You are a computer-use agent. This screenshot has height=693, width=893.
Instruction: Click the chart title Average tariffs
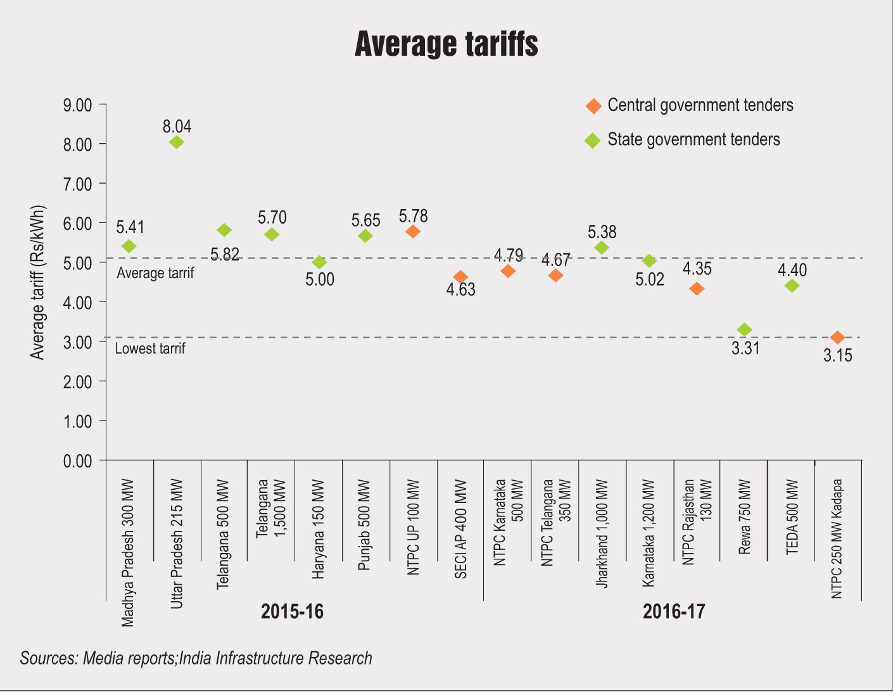point(446,44)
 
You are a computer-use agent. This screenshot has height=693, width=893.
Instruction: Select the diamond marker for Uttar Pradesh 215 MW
point(177,142)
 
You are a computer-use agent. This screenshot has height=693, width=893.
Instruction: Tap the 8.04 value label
point(177,127)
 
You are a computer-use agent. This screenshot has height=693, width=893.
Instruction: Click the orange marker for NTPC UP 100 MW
point(413,232)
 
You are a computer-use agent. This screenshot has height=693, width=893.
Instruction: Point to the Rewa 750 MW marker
point(744,329)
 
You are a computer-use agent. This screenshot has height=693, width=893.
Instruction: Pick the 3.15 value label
point(837,355)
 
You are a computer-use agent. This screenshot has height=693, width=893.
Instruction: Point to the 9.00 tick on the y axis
point(77,105)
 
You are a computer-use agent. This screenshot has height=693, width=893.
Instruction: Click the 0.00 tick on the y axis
point(77,461)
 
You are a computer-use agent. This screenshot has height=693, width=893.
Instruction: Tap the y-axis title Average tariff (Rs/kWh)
point(38,283)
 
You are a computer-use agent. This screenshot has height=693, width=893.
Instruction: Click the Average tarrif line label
point(155,273)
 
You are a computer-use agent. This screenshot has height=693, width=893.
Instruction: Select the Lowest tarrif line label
point(150,348)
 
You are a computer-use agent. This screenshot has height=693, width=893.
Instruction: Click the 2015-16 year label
point(292,612)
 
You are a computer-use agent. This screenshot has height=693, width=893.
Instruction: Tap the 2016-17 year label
point(674,612)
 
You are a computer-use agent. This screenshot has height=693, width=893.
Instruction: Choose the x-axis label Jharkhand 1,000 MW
point(602,533)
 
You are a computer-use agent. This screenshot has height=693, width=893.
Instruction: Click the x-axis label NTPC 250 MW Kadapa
point(837,538)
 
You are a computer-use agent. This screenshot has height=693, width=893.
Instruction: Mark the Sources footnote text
point(196,658)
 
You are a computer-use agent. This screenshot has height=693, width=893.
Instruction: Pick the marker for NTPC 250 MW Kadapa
point(837,338)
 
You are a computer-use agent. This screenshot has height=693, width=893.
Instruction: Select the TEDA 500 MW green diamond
point(792,286)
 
